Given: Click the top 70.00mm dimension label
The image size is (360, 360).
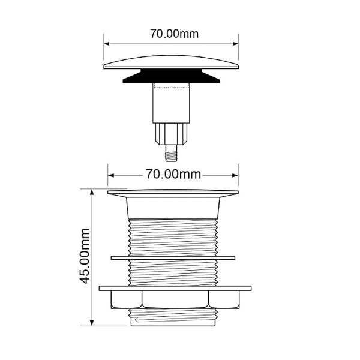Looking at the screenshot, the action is coord(174,34).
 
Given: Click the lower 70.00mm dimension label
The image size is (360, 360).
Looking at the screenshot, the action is coord(173,174).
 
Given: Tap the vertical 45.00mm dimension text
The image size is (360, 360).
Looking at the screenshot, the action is coord(85,256).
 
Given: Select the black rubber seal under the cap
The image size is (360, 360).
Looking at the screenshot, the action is coord(171,76).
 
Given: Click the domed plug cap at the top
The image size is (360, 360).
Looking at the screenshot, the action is coord(171,62).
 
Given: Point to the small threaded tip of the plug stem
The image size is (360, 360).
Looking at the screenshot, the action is coord(171,154).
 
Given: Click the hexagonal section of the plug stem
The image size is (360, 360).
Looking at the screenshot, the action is coord(171,134).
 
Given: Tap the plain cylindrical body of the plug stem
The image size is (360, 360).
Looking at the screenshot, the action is coord(171,103).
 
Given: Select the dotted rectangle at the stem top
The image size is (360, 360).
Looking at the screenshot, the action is coord(171,85).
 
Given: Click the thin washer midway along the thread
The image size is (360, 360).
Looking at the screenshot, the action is coord(173,258).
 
